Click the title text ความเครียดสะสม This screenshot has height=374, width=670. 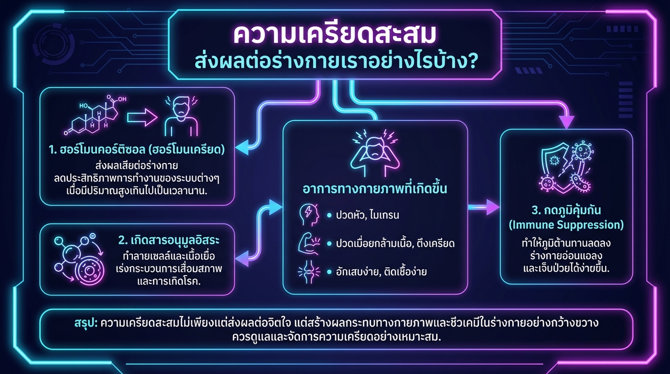(x=335, y=35)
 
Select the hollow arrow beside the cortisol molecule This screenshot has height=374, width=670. (x=142, y=117)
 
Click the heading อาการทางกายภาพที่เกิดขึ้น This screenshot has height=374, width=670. (x=375, y=189)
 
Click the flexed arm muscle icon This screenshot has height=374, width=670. (x=309, y=243)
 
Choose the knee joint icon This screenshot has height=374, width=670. (x=309, y=271)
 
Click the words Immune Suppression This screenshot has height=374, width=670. (x=566, y=225)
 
